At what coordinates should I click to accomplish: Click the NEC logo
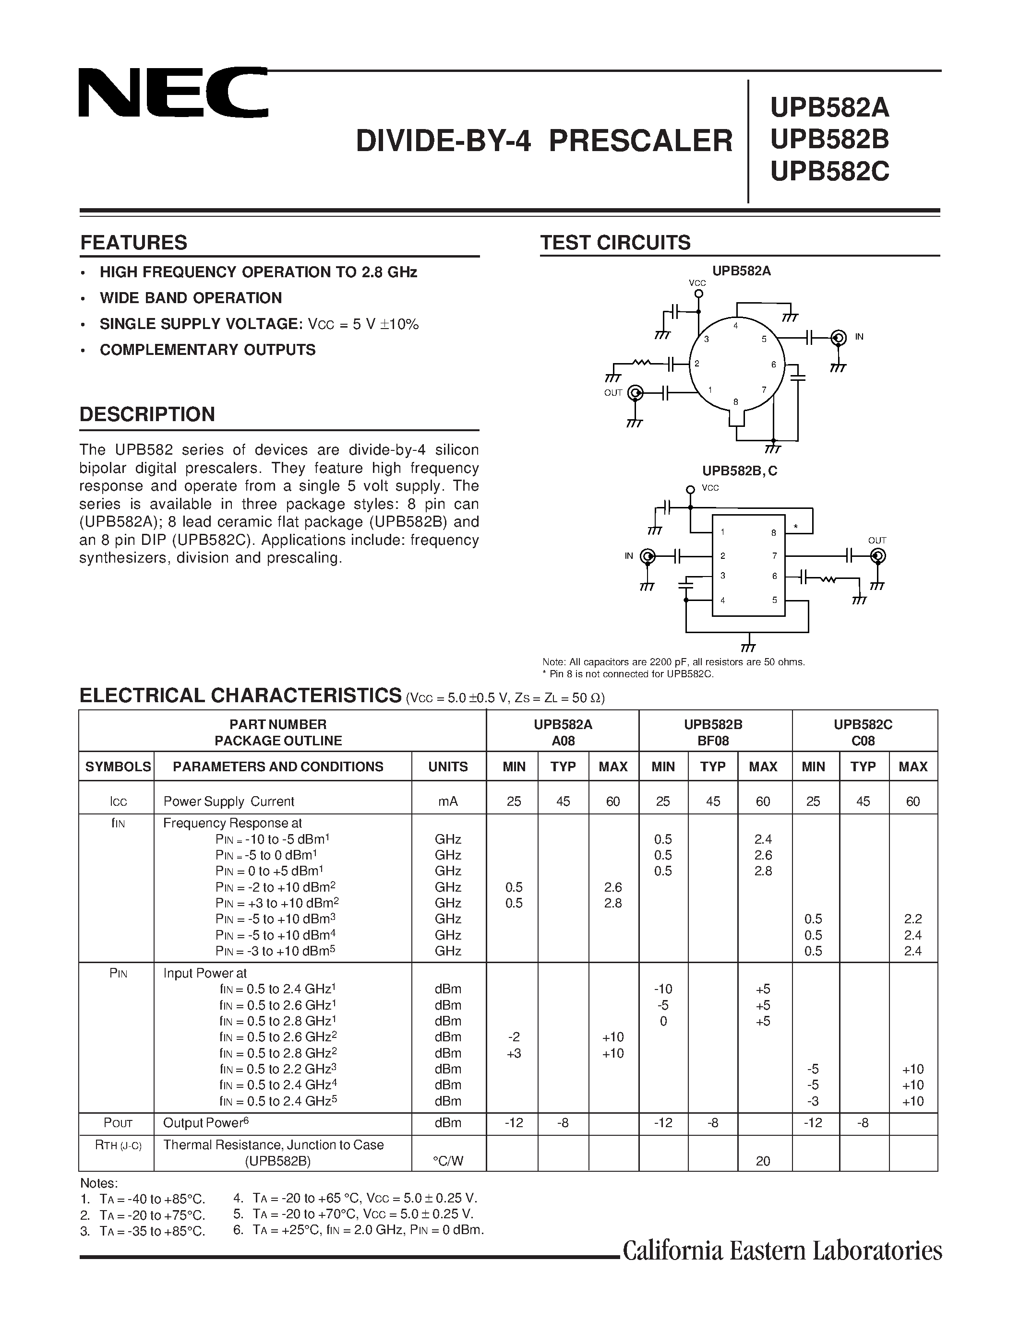[173, 93]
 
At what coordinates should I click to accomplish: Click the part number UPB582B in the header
[829, 140]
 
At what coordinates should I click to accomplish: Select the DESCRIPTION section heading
[147, 414]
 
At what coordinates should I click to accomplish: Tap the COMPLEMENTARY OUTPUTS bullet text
[207, 350]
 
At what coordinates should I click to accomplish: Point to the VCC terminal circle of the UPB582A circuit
[698, 294]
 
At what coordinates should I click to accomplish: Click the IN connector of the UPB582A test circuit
[838, 338]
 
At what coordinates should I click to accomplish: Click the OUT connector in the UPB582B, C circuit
[877, 555]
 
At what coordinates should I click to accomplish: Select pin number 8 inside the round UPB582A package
[735, 401]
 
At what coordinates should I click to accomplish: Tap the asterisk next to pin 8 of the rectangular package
[796, 527]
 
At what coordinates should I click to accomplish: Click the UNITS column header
[448, 766]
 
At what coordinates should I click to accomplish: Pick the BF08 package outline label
[713, 741]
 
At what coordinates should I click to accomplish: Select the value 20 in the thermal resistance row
[763, 1161]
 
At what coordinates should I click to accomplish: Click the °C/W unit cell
[448, 1161]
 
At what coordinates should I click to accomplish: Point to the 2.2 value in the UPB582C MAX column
[912, 919]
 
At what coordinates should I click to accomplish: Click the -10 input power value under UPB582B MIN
[663, 989]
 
